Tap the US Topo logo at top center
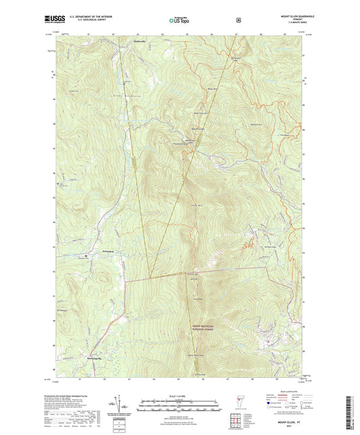coord(179,20)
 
